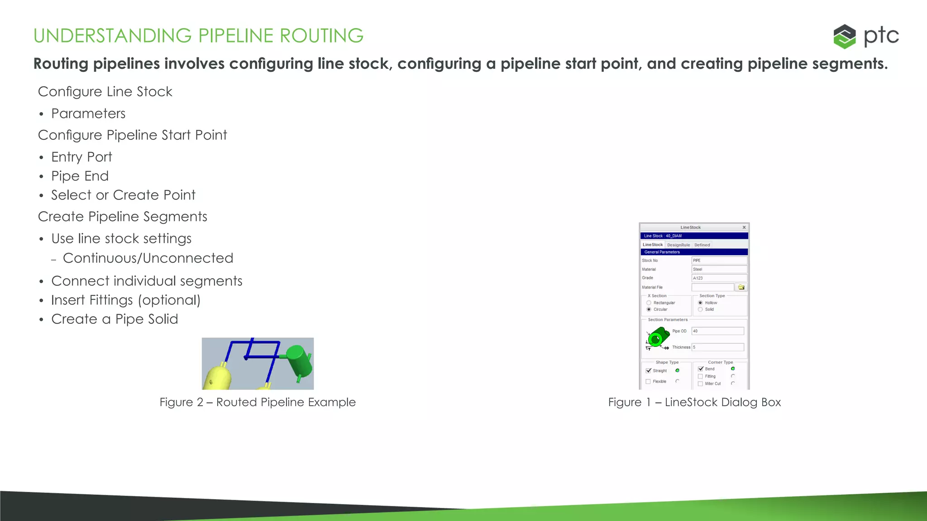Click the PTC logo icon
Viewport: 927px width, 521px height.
[844, 36]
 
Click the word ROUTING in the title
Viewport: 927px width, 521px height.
[321, 36]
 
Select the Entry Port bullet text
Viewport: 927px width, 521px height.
[81, 157]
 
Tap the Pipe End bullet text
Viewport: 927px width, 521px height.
[80, 176]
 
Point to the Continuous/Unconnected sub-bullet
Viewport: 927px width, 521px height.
[148, 258]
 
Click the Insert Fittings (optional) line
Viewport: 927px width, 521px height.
[126, 300]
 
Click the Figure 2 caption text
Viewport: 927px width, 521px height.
[258, 402]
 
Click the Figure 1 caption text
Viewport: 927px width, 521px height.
[694, 402]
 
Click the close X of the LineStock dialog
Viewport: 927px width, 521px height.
[744, 227]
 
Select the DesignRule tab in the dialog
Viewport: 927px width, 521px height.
[679, 245]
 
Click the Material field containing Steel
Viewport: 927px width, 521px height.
[719, 269]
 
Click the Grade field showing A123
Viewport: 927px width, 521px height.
[719, 278]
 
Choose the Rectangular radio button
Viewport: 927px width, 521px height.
[649, 303]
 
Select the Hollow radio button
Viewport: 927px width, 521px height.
[700, 303]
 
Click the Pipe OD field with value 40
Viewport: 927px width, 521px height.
[717, 331]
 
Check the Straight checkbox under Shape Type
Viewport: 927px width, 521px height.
[649, 370]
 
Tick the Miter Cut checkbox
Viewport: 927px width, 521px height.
[700, 384]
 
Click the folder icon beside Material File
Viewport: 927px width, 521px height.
[741, 287]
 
